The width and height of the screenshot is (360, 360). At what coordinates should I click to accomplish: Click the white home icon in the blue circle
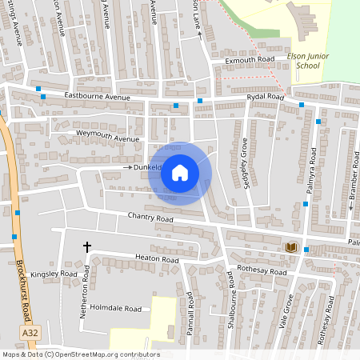pyautogui.click(x=180, y=173)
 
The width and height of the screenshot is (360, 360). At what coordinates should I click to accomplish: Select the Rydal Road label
pyautogui.click(x=266, y=97)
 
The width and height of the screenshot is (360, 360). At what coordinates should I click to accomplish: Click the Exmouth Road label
pyautogui.click(x=250, y=60)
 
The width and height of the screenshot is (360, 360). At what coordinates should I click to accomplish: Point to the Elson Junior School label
pyautogui.click(x=302, y=62)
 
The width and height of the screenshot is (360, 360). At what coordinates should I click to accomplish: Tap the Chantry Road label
pyautogui.click(x=150, y=218)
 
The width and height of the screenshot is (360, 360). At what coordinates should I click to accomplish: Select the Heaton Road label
pyautogui.click(x=157, y=259)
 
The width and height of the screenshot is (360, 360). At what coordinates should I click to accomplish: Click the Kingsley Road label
pyautogui.click(x=56, y=274)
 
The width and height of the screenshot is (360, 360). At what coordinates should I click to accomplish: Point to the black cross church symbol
pyautogui.click(x=87, y=247)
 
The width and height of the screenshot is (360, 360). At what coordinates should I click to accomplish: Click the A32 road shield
pyautogui.click(x=30, y=331)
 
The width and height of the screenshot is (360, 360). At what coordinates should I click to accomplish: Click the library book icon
pyautogui.click(x=291, y=247)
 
